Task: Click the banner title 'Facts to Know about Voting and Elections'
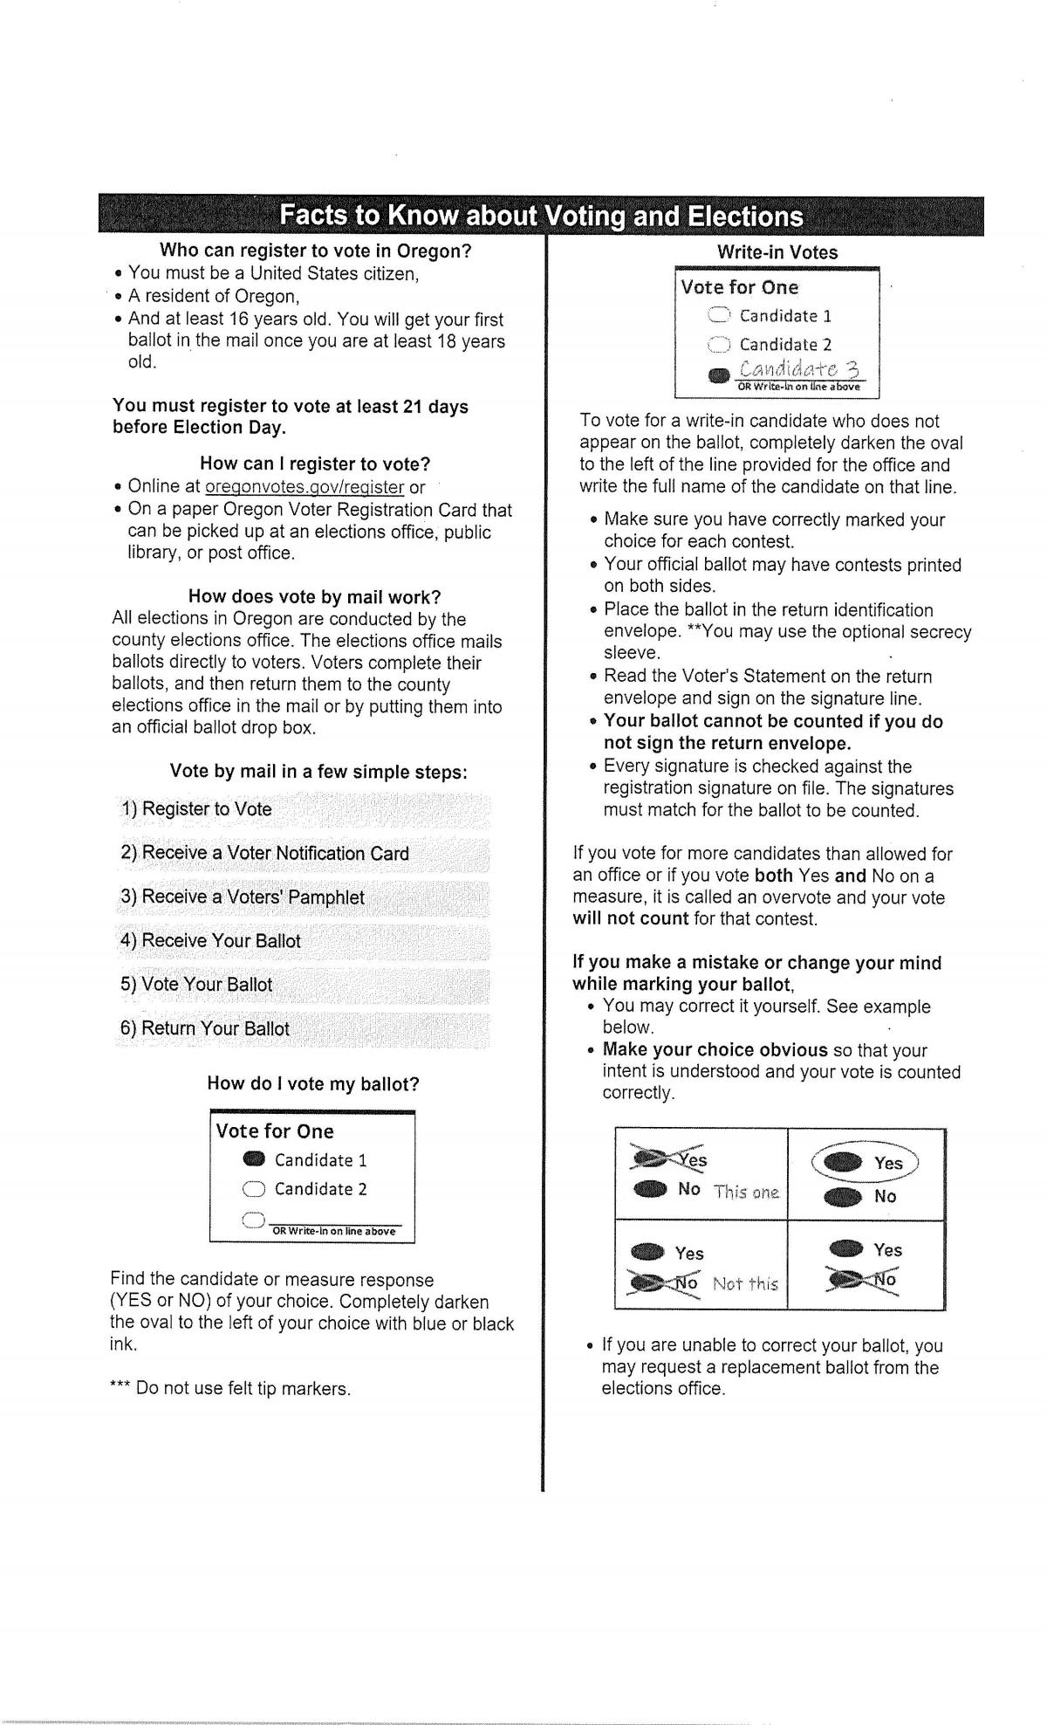[541, 216]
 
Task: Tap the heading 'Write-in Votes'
[777, 252]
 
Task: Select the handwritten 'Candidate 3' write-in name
[799, 370]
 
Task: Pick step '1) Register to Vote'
[197, 809]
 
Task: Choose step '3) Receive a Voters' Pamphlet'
[243, 897]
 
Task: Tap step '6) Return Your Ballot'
[205, 1028]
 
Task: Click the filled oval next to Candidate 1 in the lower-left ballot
[254, 1159]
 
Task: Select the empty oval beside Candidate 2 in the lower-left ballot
[254, 1189]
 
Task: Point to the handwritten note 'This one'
[747, 1191]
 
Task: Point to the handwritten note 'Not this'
[745, 1283]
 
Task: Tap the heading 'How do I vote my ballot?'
[313, 1084]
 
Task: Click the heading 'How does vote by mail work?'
[314, 597]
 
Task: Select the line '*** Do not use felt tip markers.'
[230, 1388]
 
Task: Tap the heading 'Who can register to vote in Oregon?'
[316, 251]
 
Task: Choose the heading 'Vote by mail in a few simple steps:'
[318, 772]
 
